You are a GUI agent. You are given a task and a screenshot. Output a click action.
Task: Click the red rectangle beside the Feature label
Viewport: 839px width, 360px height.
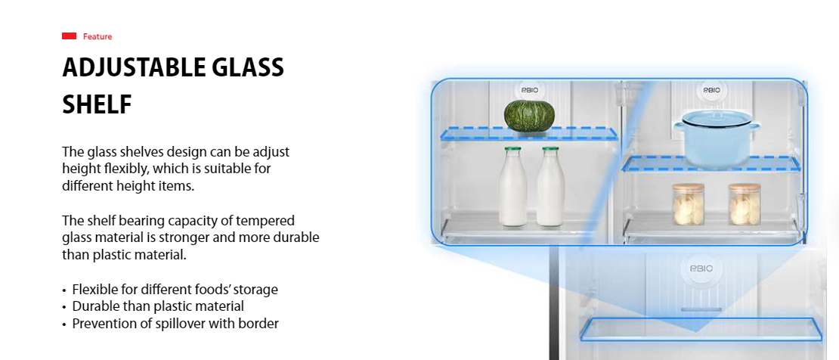pos(69,36)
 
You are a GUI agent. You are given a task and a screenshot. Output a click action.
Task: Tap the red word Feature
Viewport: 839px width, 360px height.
pos(98,36)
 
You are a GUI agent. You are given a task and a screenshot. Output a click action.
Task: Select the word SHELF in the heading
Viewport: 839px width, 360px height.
pos(97,104)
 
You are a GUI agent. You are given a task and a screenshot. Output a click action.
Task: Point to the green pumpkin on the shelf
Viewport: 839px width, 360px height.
pos(528,115)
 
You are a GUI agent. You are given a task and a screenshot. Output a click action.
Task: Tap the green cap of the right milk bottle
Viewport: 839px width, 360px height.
pos(550,149)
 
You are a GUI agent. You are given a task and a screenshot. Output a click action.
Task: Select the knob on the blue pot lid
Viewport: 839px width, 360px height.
pos(716,113)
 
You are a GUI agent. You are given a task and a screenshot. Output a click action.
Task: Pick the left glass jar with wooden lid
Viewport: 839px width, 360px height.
pos(688,204)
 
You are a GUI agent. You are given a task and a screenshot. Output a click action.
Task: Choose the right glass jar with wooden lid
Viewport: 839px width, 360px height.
pos(745,204)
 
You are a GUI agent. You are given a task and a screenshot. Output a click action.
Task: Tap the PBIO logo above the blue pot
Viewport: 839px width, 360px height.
pos(712,90)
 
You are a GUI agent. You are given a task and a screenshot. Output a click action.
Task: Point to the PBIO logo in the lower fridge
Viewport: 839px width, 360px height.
pos(701,268)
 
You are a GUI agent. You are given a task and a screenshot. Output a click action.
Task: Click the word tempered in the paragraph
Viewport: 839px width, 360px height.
pos(270,221)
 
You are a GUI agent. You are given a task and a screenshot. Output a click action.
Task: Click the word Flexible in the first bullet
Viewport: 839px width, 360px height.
pos(92,289)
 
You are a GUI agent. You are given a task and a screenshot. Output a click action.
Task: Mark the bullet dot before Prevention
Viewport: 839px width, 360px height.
pos(65,324)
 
